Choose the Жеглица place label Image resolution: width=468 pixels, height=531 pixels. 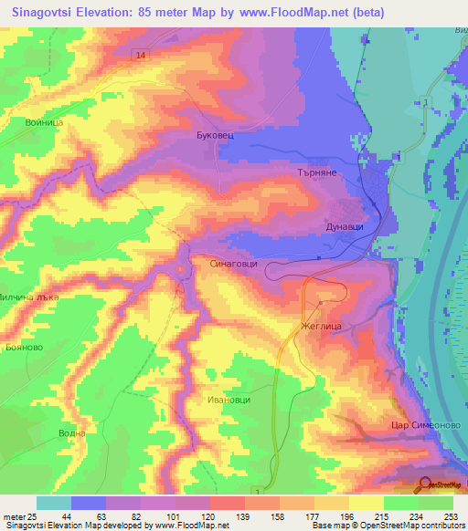[321, 325]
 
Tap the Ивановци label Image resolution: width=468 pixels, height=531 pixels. [228, 400]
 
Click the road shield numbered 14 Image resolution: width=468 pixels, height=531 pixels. [138, 56]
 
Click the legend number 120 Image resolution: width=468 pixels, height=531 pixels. [210, 516]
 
